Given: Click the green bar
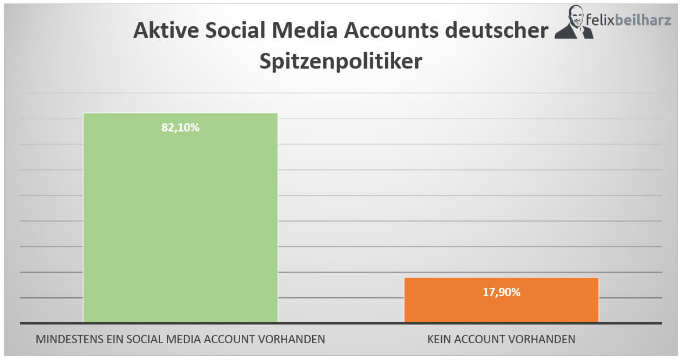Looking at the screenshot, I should point(180,221).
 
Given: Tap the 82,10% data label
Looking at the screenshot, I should point(180,128).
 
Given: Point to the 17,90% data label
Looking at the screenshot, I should point(501,293).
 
